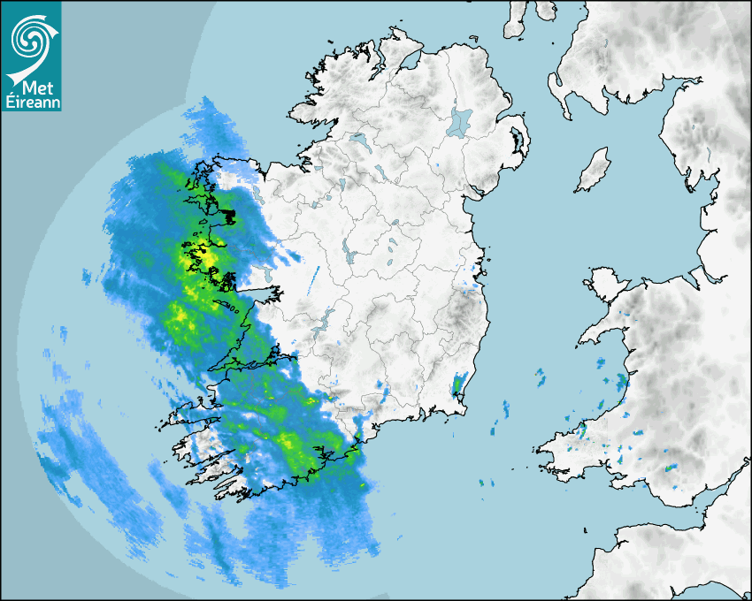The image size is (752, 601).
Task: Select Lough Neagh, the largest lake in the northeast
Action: pyautogui.click(x=460, y=121)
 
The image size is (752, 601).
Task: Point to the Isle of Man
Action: pyautogui.click(x=593, y=171)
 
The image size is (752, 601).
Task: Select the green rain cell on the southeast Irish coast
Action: pyautogui.click(x=457, y=385)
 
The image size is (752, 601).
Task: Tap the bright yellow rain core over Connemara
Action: pyautogui.click(x=202, y=258)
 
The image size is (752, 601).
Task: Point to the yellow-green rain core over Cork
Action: pyautogui.click(x=290, y=442)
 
